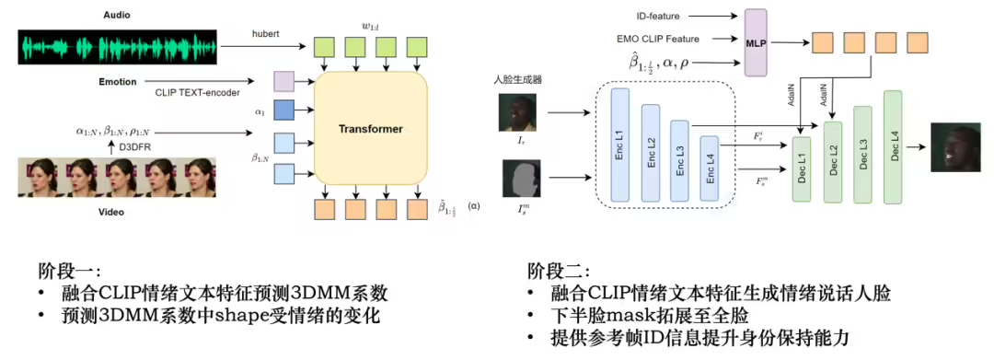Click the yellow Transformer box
click(373, 128)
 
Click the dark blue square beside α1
click(283, 111)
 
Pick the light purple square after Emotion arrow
click(283, 82)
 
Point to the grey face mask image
click(517, 177)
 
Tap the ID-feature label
click(657, 15)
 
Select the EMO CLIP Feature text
click(658, 39)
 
